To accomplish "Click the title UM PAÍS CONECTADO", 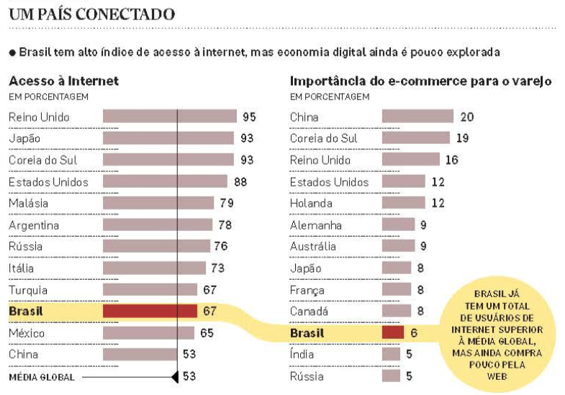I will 91,14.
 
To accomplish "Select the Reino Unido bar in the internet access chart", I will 170,117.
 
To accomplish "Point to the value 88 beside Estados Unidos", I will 240,182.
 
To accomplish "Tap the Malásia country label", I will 29,204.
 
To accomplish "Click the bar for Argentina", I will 158,225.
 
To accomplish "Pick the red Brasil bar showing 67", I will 150,312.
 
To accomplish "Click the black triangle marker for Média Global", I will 174,376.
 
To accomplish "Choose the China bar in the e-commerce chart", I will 417,117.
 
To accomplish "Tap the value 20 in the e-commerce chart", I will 467,117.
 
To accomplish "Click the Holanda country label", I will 311,204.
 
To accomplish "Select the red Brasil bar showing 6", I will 392,333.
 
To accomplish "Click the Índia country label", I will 302,355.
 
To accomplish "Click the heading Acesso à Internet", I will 63,81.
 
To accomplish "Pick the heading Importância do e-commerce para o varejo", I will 420,81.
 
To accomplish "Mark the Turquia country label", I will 28,290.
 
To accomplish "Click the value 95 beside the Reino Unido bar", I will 250,117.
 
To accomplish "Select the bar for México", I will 148,333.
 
